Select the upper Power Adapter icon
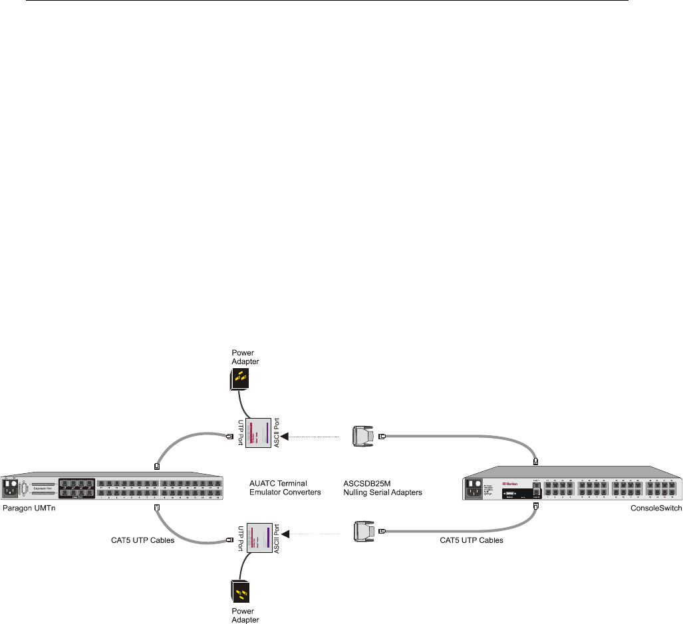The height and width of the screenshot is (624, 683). (236, 381)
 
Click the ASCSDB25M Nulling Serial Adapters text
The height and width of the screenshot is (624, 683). (378, 488)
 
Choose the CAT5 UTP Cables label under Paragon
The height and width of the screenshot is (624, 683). (142, 540)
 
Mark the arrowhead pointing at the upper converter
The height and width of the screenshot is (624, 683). (285, 436)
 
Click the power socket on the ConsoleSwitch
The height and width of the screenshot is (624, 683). (474, 492)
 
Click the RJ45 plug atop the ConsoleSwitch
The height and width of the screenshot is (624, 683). (535, 460)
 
